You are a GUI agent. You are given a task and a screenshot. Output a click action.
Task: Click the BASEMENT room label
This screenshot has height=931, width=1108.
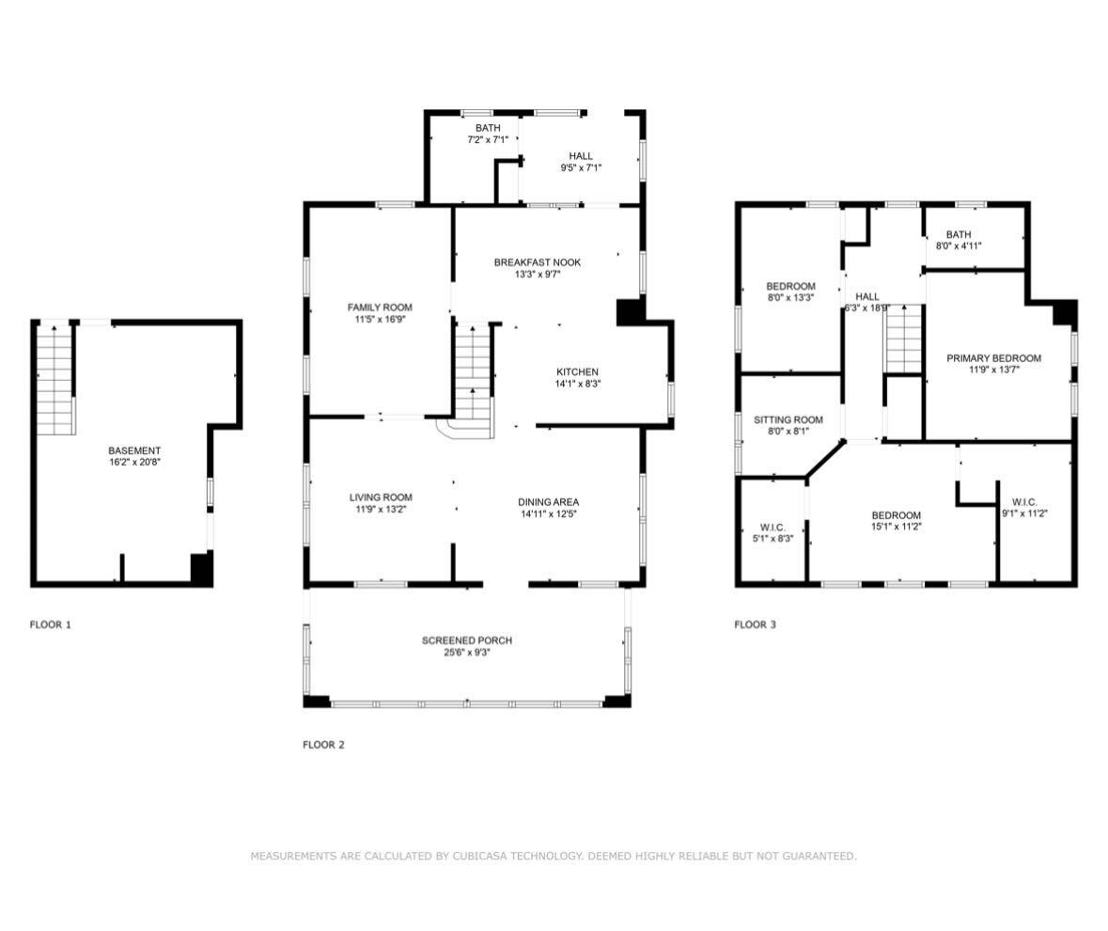pyautogui.click(x=133, y=451)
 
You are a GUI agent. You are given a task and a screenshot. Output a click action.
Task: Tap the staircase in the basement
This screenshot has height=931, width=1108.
pyautogui.click(x=55, y=378)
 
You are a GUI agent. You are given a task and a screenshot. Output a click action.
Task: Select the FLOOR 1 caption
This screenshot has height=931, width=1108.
pyautogui.click(x=50, y=624)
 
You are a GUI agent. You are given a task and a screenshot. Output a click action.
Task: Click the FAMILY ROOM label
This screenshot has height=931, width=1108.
pyautogui.click(x=379, y=308)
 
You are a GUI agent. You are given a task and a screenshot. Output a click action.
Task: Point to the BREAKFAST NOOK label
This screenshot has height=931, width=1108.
pyautogui.click(x=537, y=262)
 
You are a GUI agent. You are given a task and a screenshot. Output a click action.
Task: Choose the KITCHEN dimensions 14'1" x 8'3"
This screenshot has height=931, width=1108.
pyautogui.click(x=576, y=384)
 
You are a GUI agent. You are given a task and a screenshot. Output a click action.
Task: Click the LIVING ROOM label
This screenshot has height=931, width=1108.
pyautogui.click(x=380, y=497)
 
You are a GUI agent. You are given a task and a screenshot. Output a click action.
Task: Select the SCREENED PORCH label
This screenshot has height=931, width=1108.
pyautogui.click(x=466, y=640)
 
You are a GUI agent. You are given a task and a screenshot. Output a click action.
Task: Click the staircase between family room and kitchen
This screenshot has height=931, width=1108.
pyautogui.click(x=474, y=371)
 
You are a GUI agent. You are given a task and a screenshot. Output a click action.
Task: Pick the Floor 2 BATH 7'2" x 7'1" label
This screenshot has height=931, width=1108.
pyautogui.click(x=487, y=128)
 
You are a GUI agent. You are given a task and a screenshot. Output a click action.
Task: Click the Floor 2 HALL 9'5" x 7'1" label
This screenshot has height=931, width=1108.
pyautogui.click(x=580, y=156)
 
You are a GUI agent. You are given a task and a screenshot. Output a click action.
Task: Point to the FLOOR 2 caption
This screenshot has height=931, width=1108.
pyautogui.click(x=323, y=745)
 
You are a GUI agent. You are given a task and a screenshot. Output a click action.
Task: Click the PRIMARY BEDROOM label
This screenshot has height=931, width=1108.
pyautogui.click(x=993, y=358)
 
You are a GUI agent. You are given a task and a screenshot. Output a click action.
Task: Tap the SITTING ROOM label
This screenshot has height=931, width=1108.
pyautogui.click(x=788, y=420)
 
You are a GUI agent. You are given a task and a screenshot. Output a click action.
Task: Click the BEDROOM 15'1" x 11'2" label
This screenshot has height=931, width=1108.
pyautogui.click(x=896, y=515)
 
